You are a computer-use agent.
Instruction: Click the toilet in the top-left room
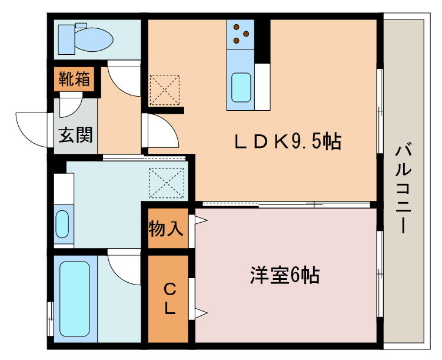pyautogui.click(x=88, y=39)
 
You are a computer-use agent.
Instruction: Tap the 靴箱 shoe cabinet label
pyautogui.click(x=74, y=79)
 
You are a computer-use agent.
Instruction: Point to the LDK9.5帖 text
pyautogui.click(x=288, y=141)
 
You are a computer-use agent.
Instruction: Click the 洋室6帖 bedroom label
pyautogui.click(x=285, y=275)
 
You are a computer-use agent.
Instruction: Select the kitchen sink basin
pyautogui.click(x=241, y=87)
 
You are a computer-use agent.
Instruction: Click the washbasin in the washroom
pyautogui.click(x=62, y=223)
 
